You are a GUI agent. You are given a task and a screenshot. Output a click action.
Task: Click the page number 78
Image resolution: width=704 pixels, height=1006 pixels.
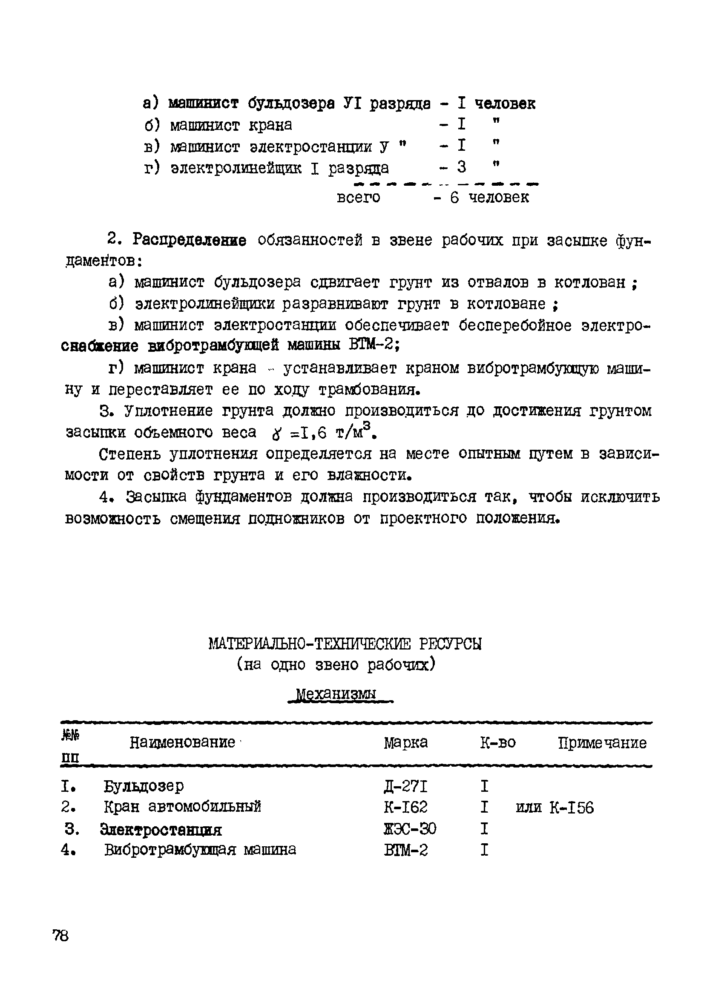click(61, 936)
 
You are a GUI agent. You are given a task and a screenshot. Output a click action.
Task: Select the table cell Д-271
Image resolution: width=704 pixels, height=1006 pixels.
click(405, 787)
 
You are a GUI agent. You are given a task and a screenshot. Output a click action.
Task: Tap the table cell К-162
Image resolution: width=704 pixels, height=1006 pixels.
click(405, 807)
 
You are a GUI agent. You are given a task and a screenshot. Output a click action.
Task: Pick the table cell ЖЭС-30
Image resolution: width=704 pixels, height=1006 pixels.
click(410, 828)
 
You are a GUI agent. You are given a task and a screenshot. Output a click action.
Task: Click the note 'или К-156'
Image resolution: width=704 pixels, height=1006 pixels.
click(555, 808)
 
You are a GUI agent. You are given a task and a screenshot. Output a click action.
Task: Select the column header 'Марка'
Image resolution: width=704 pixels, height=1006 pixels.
click(406, 743)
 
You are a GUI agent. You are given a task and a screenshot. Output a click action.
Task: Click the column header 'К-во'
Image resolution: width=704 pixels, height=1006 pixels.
click(498, 743)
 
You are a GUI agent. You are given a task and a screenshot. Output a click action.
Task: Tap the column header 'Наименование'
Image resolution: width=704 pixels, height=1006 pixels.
click(183, 742)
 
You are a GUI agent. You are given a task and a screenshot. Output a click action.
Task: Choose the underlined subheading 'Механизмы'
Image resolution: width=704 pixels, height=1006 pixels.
click(336, 694)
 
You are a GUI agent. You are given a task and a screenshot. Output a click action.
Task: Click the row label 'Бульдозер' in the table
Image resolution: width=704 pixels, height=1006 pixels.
click(144, 787)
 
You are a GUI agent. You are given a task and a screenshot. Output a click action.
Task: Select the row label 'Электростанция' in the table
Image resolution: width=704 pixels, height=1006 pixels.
click(161, 829)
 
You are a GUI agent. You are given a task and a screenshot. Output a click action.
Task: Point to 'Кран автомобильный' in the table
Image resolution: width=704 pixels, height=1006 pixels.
click(182, 807)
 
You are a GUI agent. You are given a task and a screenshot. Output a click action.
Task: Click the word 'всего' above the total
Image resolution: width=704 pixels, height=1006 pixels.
click(358, 198)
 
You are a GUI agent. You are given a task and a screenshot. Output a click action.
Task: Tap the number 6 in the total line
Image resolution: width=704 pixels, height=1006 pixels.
click(454, 198)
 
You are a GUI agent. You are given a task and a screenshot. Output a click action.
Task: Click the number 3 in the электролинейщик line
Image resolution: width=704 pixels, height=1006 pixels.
click(461, 167)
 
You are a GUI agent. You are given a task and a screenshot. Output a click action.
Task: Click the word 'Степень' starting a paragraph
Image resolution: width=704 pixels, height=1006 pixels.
click(129, 454)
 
